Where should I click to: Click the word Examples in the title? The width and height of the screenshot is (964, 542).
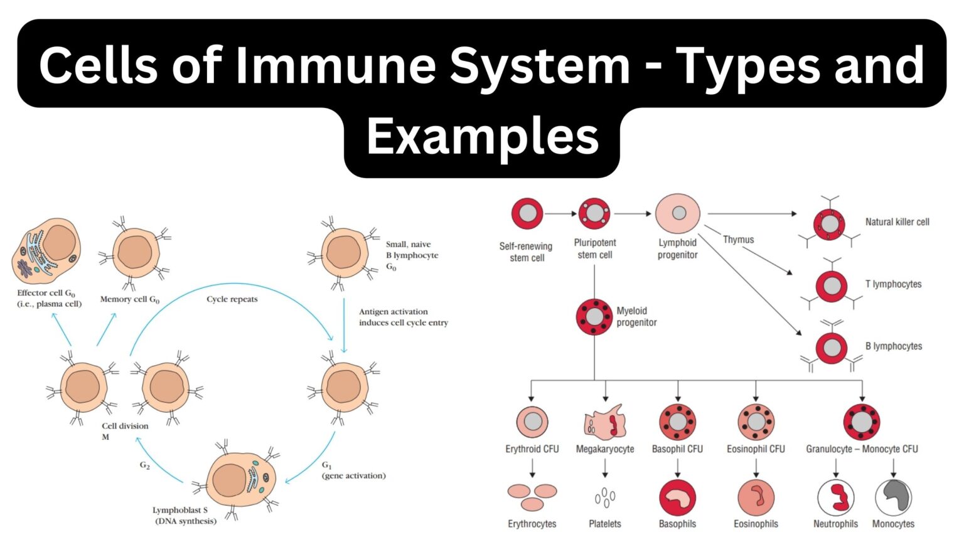click(482, 137)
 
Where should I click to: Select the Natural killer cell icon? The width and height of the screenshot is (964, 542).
click(830, 224)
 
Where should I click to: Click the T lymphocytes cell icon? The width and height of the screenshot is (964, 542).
click(832, 286)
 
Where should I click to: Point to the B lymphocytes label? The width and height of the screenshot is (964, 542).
click(893, 346)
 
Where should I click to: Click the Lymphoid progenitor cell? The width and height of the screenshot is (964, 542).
click(678, 213)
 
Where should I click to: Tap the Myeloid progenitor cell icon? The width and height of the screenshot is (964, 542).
click(594, 317)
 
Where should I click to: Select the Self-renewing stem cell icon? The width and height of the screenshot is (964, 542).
click(527, 213)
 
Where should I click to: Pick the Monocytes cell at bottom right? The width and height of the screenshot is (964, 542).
click(893, 497)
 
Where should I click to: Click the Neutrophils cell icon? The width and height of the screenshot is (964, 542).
click(835, 497)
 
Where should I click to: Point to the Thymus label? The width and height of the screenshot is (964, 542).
click(738, 240)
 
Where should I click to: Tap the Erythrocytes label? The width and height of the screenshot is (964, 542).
click(532, 524)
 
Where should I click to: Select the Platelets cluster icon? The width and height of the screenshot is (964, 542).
click(604, 497)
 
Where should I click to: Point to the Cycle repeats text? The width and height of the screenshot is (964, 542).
click(232, 299)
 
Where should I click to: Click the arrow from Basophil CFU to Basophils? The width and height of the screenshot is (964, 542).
click(677, 468)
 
